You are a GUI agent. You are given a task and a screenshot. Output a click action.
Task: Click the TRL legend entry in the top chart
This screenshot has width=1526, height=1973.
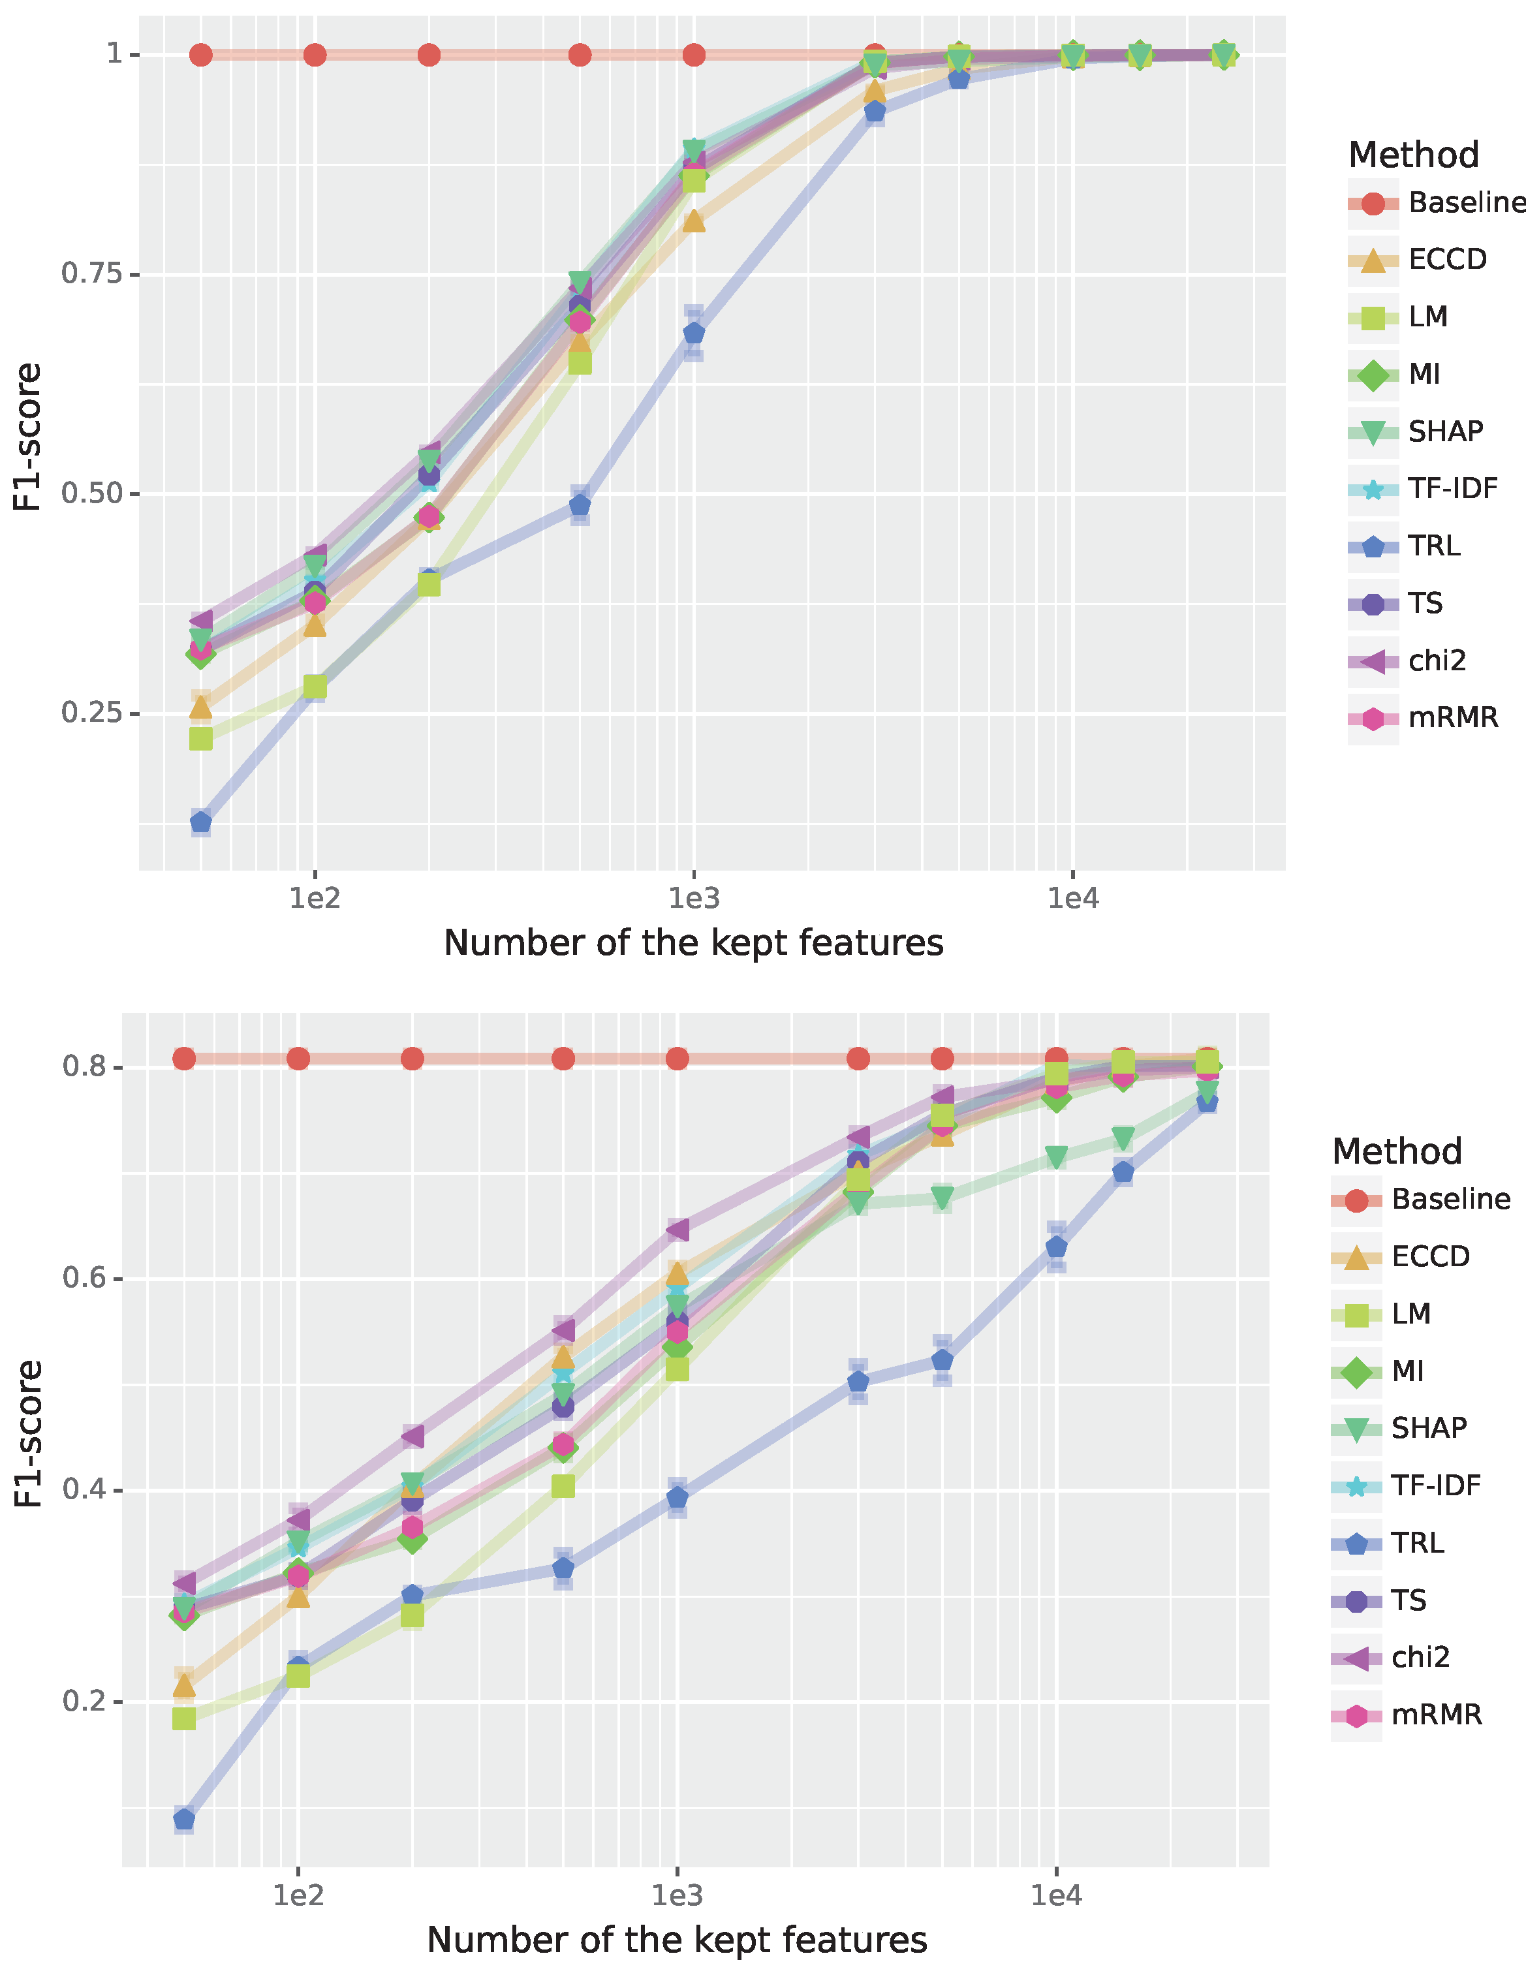[1433, 546]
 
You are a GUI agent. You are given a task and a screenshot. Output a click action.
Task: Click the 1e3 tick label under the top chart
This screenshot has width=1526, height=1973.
[693, 899]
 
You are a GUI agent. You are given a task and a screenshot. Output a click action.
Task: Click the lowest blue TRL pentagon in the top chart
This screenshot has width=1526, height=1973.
[200, 822]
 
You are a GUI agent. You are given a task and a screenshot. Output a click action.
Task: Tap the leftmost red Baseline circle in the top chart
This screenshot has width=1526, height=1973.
[200, 55]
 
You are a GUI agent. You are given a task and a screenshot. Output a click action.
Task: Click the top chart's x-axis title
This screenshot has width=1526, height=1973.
[693, 943]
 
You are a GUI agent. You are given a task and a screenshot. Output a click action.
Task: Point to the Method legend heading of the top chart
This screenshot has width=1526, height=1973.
[1413, 155]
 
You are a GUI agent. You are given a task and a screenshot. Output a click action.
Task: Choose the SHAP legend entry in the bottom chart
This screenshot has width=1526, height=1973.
[1427, 1428]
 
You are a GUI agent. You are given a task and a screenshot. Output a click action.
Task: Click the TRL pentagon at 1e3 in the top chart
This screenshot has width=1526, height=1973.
[693, 334]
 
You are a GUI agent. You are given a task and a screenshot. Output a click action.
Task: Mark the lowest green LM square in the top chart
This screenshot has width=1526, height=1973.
[200, 739]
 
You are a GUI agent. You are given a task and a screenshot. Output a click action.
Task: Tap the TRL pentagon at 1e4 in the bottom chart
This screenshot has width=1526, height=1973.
[1056, 1247]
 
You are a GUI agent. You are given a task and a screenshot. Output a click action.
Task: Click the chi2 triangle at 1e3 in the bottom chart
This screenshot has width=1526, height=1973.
[677, 1230]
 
